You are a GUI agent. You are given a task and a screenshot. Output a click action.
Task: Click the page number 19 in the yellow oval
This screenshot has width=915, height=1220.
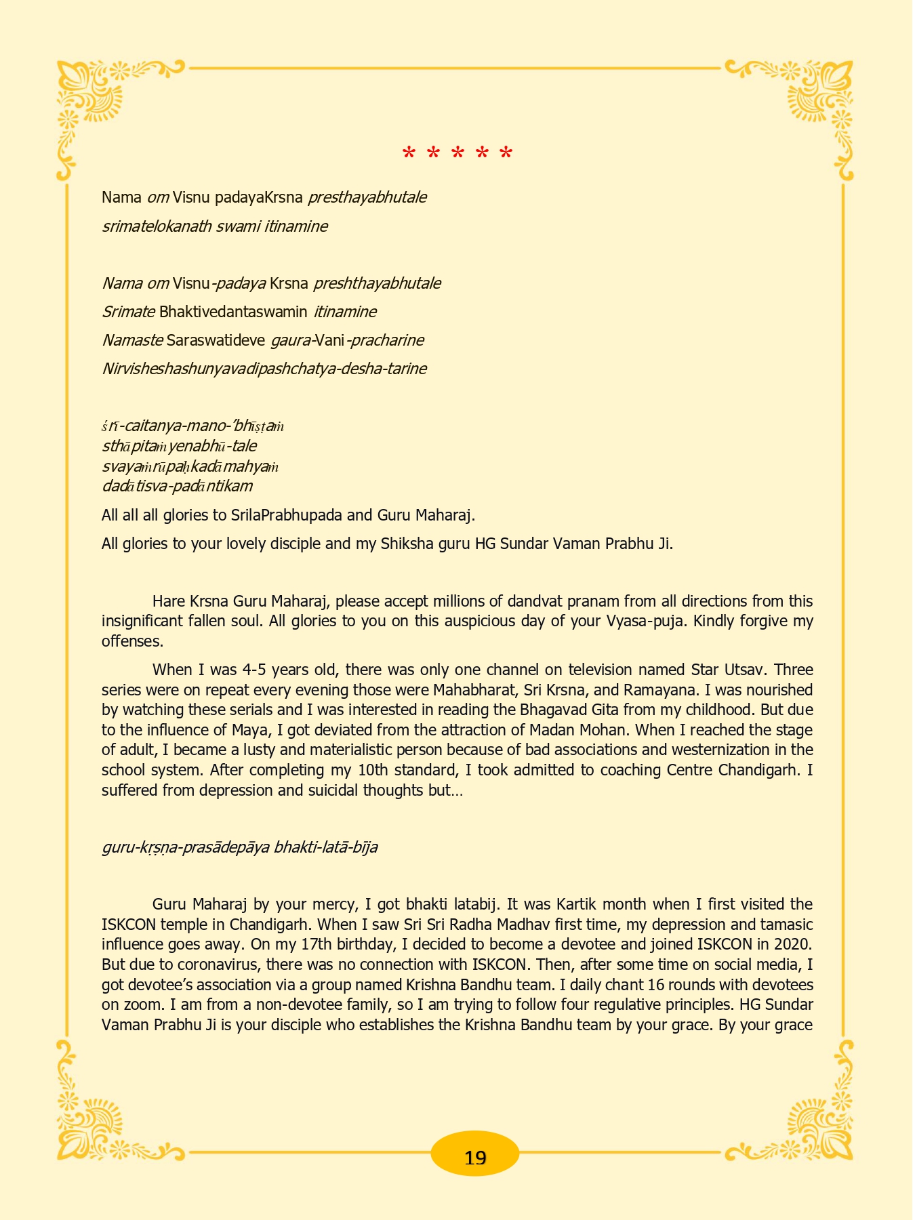tap(475, 1158)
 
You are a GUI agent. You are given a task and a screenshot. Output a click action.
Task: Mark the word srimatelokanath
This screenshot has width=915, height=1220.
tap(157, 226)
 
